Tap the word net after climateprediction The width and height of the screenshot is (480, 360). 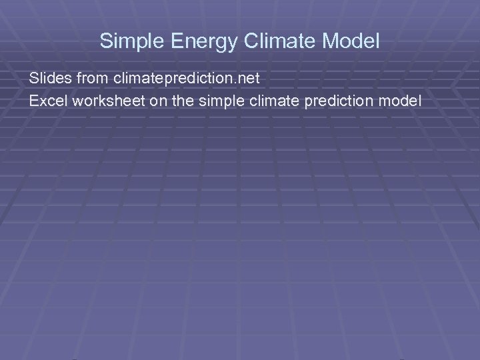245,79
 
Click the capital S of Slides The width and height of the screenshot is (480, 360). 33,79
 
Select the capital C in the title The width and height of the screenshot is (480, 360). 251,41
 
